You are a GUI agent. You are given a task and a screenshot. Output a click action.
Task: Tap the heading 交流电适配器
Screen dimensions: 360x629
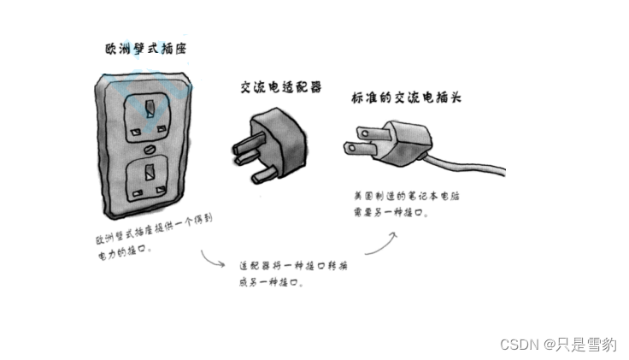point(281,87)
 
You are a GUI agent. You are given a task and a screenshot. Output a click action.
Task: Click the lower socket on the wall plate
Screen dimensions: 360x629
point(149,178)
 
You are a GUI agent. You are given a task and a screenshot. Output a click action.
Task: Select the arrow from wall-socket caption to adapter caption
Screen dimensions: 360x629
point(213,258)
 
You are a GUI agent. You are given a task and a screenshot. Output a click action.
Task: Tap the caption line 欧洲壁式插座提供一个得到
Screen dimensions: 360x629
point(154,230)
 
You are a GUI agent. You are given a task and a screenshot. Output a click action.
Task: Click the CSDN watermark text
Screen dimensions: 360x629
point(558,345)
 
